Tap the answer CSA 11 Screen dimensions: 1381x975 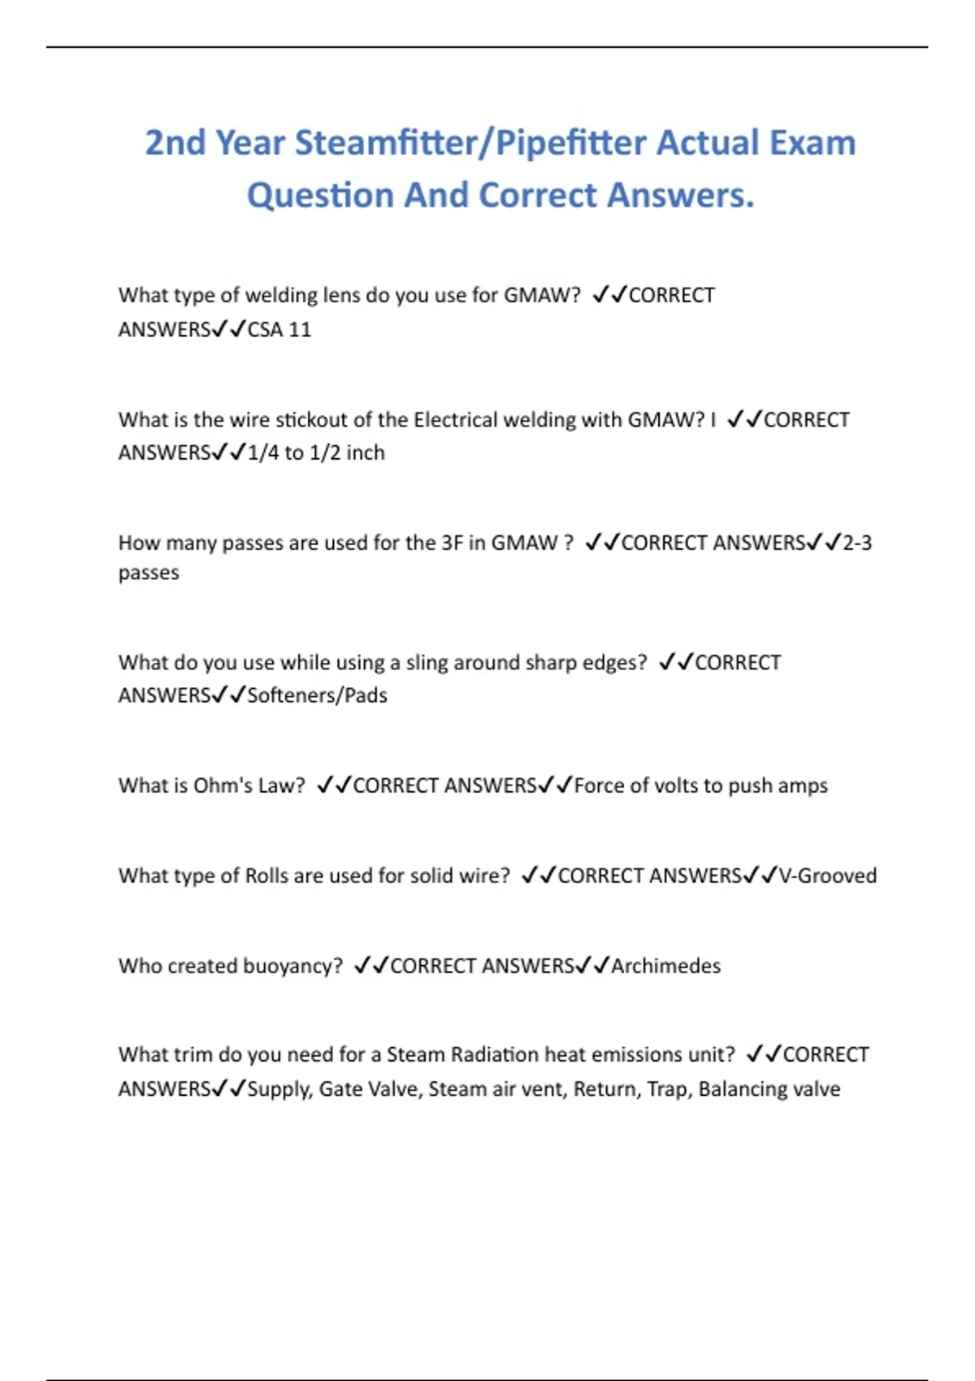[x=279, y=330]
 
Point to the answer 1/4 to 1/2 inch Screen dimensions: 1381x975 [x=316, y=452]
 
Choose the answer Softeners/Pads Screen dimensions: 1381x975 [x=317, y=695]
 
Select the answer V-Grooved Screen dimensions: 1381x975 [x=827, y=876]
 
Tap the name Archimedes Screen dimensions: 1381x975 [x=665, y=966]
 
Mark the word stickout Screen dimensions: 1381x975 [x=312, y=420]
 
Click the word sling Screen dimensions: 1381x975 [x=426, y=663]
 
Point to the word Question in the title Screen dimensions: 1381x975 [x=320, y=196]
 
